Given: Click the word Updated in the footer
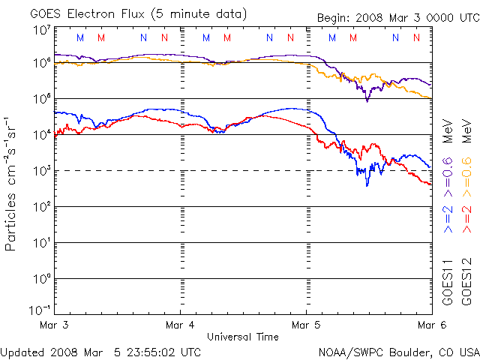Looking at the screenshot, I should tap(23, 351).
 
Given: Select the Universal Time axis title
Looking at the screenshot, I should tap(243, 336).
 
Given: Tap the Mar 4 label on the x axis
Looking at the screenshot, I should tap(180, 325).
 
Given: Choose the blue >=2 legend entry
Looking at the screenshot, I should tap(448, 217).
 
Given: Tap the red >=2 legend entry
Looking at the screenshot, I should tap(465, 217).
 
